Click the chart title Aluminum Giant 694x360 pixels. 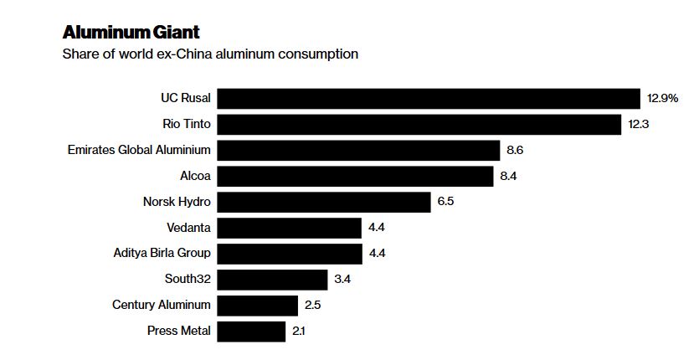pyautogui.click(x=131, y=32)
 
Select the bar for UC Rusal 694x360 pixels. pyautogui.click(x=428, y=99)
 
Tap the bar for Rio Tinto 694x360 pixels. pyautogui.click(x=419, y=124)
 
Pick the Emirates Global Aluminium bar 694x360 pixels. pyautogui.click(x=358, y=150)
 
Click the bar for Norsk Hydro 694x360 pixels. pyautogui.click(x=324, y=202)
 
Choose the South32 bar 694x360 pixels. pyautogui.click(x=272, y=279)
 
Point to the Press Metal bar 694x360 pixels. pyautogui.click(x=251, y=331)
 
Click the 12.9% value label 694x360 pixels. pyautogui.click(x=662, y=99)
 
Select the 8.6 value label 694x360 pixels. pyautogui.click(x=515, y=150)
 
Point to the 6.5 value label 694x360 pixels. pyautogui.click(x=445, y=202)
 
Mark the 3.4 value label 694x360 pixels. pyautogui.click(x=342, y=279)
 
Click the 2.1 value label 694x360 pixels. pyautogui.click(x=299, y=331)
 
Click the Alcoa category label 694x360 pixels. pyautogui.click(x=195, y=176)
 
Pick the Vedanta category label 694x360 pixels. pyautogui.click(x=188, y=227)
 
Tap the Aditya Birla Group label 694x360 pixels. pyautogui.click(x=162, y=253)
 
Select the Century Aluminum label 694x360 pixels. pyautogui.click(x=162, y=305)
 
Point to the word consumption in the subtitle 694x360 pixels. pyautogui.click(x=321, y=54)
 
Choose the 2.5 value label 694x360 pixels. pyautogui.click(x=312, y=305)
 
